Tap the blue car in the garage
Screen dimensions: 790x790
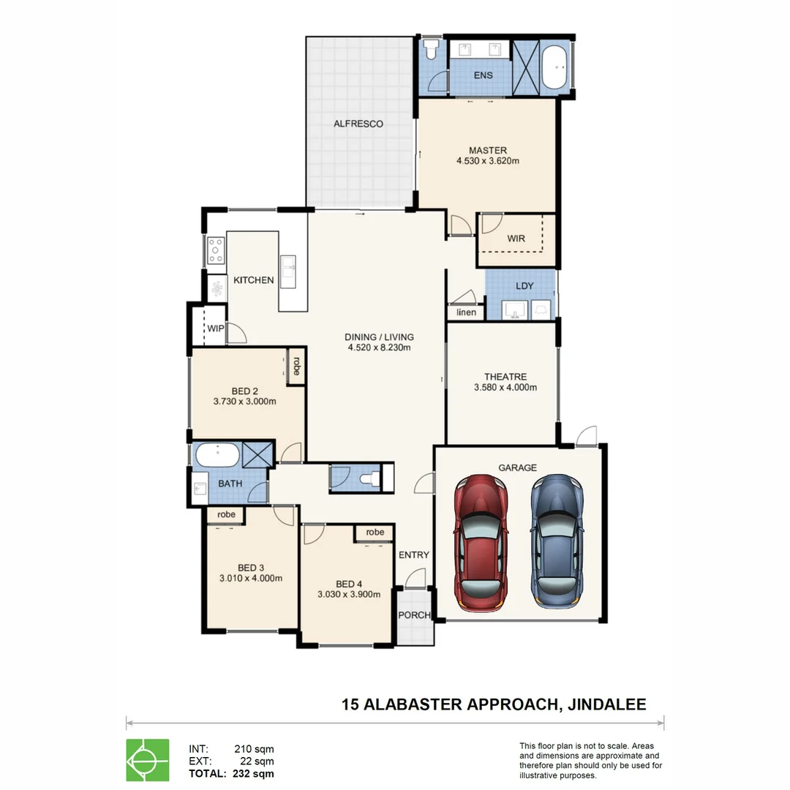558,541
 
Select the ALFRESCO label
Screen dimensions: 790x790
358,124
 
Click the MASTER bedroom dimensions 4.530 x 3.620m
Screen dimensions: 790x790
487,162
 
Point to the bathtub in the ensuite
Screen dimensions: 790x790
557,68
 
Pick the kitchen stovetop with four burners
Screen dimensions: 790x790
216,250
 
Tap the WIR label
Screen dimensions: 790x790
516,238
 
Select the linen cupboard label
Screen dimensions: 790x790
466,312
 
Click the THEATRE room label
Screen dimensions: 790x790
505,377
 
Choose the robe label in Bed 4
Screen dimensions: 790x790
375,533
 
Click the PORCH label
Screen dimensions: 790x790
414,615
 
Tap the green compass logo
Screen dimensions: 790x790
147,760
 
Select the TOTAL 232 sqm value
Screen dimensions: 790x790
252,773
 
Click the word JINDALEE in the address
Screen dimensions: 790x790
606,704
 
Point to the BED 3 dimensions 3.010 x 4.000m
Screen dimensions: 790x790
250,578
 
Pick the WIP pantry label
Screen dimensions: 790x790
215,328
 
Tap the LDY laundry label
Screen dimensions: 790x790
524,285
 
